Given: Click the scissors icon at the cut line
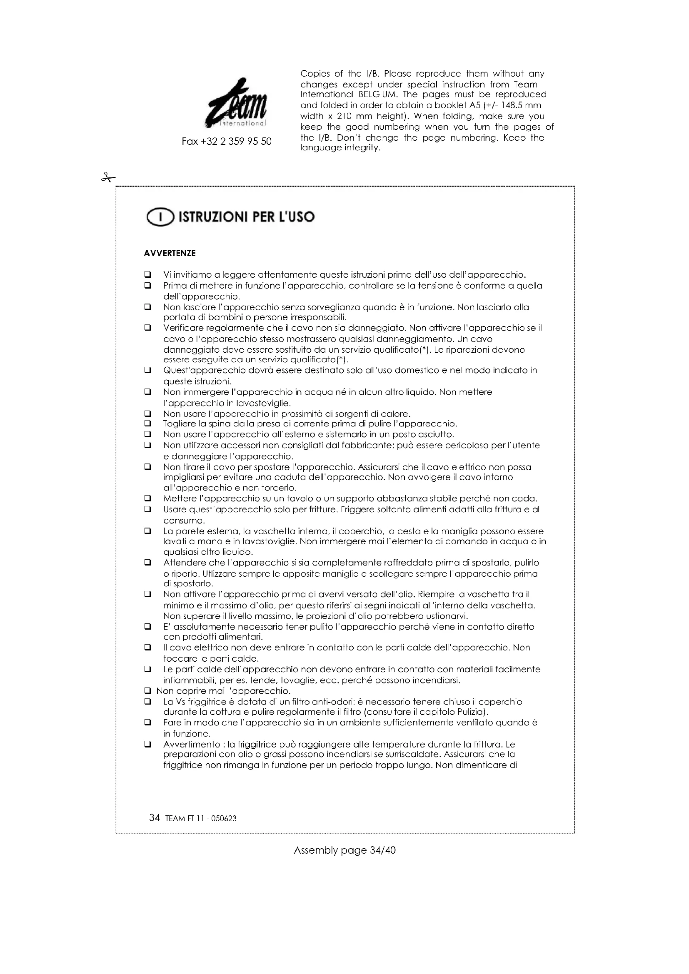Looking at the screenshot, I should (x=108, y=178).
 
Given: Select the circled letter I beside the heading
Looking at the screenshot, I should (x=160, y=218).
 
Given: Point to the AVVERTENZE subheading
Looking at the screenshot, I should (x=170, y=253).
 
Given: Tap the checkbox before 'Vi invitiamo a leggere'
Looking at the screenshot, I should (x=147, y=274).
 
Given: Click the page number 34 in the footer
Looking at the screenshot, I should (x=155, y=818).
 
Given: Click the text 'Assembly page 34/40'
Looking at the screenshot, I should (x=344, y=850).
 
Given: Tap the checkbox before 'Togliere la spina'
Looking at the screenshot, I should (x=147, y=423).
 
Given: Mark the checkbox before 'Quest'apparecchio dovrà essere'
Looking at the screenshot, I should (x=147, y=370).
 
